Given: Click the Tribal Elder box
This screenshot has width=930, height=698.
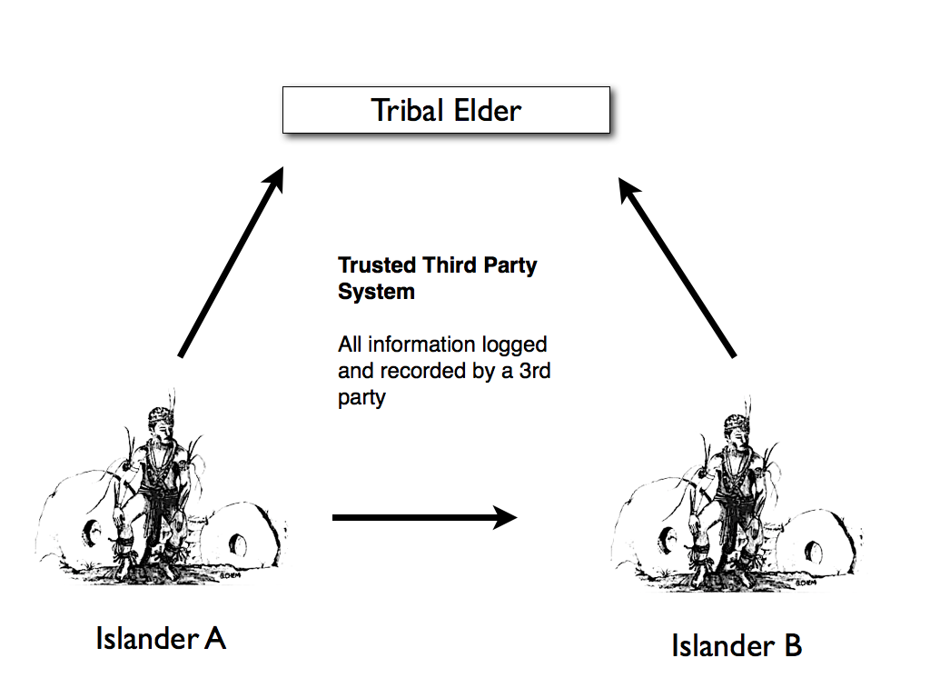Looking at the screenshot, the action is tap(446, 110).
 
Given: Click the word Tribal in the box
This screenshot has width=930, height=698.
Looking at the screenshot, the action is tap(408, 110).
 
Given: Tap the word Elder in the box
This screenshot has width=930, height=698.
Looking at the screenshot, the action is tap(488, 110).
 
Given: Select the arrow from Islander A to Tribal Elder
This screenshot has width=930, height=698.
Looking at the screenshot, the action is tap(232, 262).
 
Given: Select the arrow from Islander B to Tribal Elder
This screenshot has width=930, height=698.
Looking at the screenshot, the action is tap(678, 267).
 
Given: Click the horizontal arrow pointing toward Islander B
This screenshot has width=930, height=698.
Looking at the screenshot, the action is tap(425, 517).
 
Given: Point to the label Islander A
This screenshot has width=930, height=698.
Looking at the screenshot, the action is tap(161, 639).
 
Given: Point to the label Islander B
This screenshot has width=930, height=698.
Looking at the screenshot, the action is tap(737, 645).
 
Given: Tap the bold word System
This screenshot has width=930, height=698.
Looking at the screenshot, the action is tap(376, 292).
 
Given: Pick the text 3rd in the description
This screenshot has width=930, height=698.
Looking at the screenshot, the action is tap(534, 371).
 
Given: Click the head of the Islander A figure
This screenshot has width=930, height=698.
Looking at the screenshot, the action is tap(162, 422).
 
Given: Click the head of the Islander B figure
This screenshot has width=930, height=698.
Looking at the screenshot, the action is tap(737, 430).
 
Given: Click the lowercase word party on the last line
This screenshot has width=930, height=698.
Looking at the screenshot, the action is tap(361, 398).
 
